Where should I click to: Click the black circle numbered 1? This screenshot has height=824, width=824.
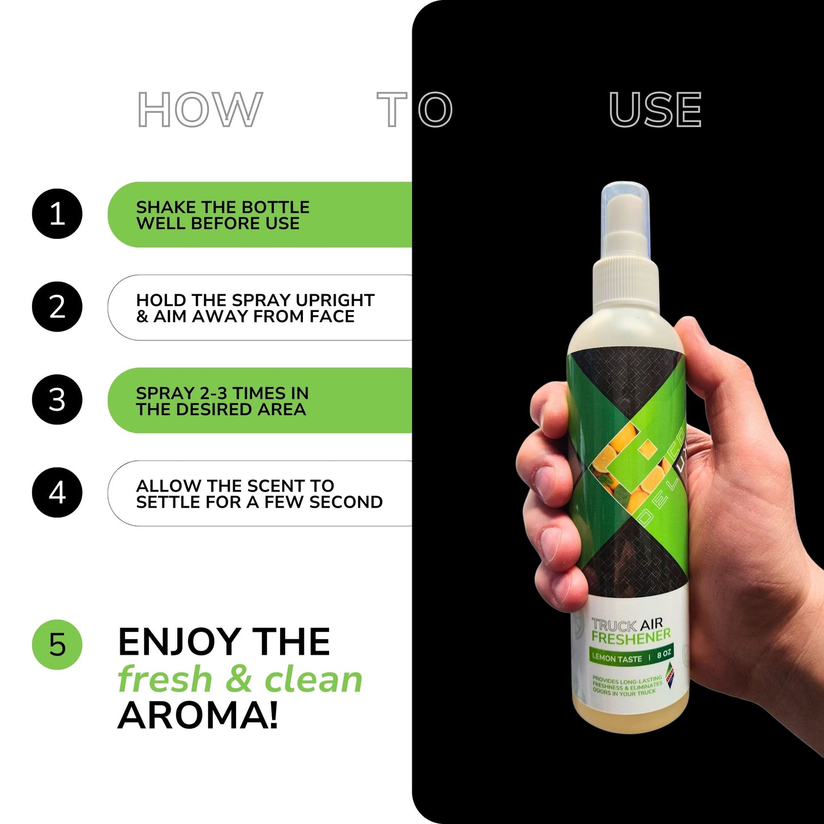[57, 214]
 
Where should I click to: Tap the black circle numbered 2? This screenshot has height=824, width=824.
[57, 307]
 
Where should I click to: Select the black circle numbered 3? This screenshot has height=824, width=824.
[57, 399]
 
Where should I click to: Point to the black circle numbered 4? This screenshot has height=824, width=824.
[57, 493]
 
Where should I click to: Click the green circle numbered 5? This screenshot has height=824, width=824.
[57, 645]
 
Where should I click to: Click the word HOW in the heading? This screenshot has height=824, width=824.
[200, 109]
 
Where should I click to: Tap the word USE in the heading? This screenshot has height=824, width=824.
[655, 109]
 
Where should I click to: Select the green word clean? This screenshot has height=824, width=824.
[314, 680]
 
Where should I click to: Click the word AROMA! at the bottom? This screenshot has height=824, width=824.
[198, 716]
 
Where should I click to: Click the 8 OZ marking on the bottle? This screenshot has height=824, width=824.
[664, 653]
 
